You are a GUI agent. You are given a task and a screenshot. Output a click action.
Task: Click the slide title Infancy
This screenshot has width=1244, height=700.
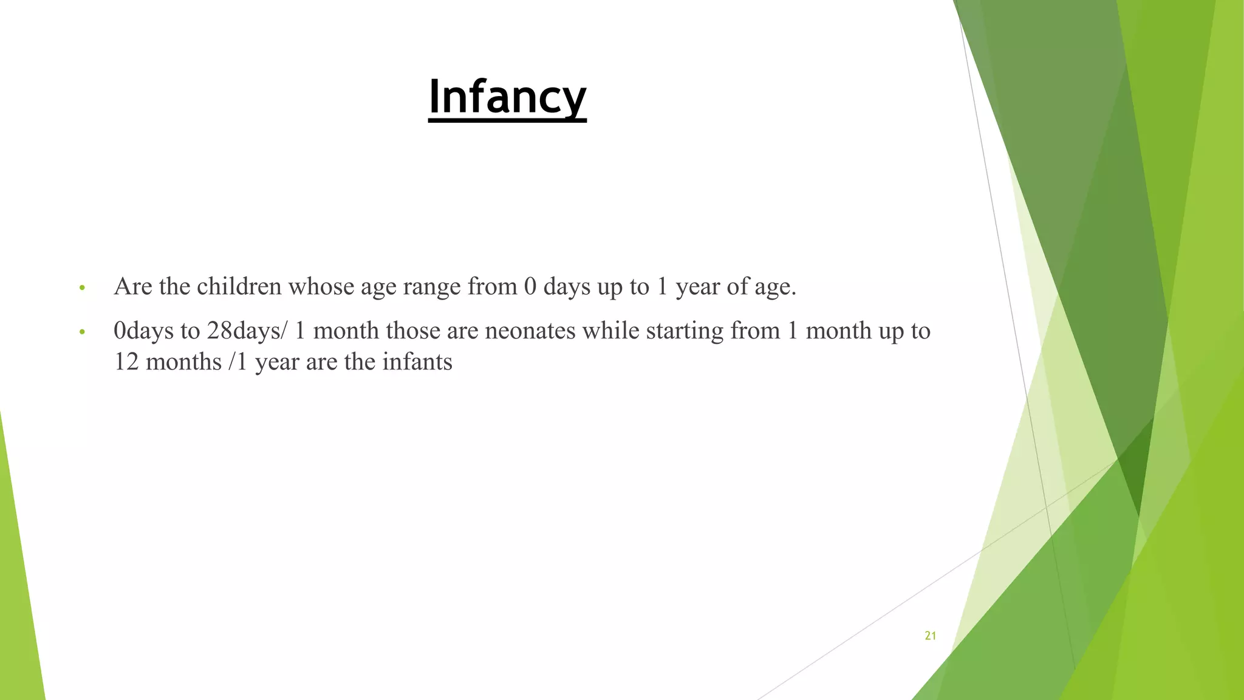point(507,97)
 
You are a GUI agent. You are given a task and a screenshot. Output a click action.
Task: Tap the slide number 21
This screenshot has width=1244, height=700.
point(930,636)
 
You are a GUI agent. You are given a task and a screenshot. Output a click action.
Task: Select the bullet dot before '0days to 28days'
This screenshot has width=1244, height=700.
point(83,332)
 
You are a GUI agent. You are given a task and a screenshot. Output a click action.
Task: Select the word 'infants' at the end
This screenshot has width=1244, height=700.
point(417,362)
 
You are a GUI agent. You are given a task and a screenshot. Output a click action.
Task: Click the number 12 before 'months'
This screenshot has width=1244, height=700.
point(126,362)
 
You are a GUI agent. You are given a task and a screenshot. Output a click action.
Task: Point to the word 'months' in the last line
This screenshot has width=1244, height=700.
point(183,362)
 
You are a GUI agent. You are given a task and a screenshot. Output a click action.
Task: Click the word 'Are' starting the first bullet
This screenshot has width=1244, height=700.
point(132,286)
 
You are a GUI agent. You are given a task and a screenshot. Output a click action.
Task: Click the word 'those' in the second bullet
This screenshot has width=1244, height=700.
point(413,331)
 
